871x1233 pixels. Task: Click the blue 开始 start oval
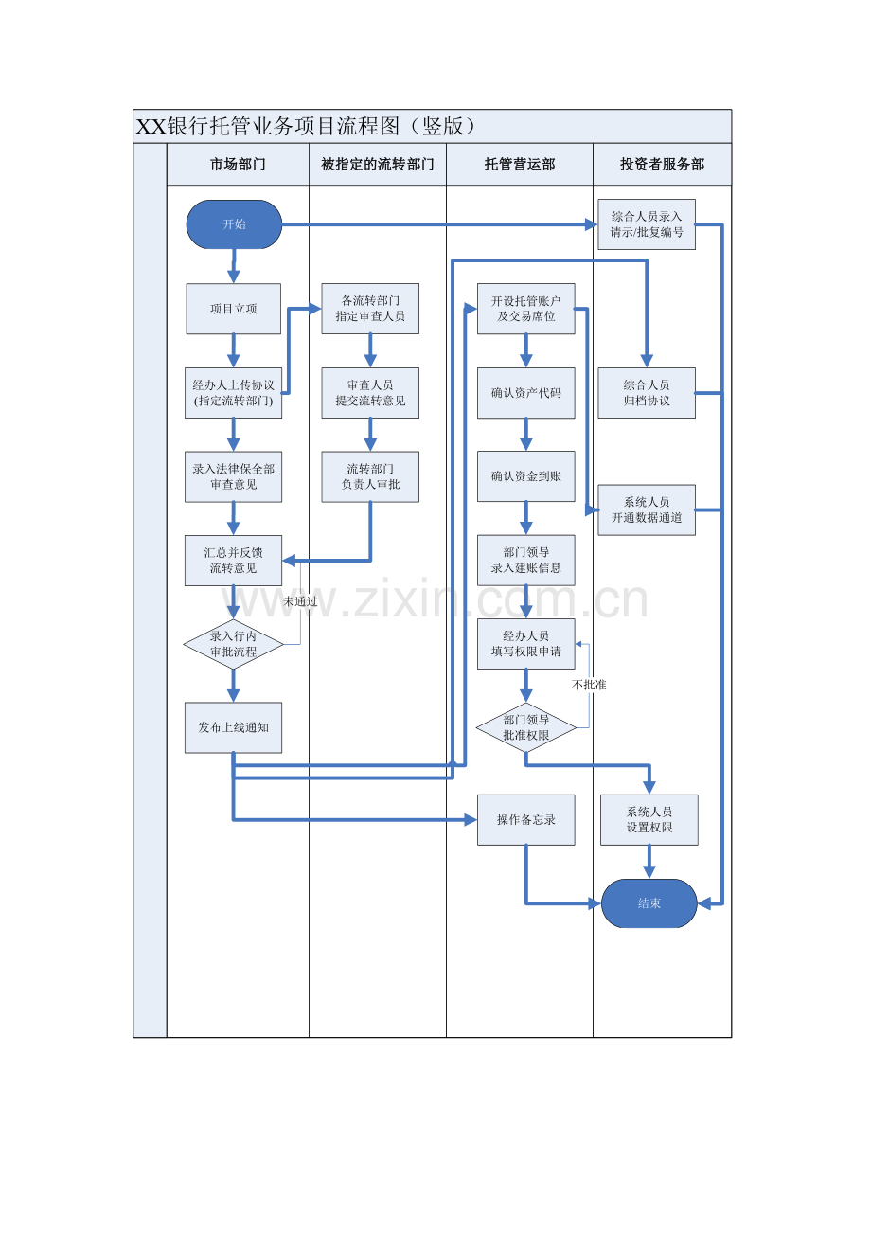(234, 224)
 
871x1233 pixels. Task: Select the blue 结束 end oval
(649, 902)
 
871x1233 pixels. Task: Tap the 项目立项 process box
(233, 309)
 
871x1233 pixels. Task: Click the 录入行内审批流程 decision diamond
(233, 643)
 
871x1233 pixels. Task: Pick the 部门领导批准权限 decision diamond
(526, 727)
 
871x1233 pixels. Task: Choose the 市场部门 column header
(238, 164)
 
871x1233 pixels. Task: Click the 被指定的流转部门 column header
(378, 164)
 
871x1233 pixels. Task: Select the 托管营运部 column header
(520, 164)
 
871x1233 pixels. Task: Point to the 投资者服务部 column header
(663, 164)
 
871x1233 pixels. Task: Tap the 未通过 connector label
(300, 601)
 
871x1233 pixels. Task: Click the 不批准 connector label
(589, 685)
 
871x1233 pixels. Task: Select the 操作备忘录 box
(526, 819)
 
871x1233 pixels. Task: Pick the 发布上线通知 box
(233, 727)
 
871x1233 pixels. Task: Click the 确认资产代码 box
(526, 392)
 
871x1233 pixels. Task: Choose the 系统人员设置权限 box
(649, 819)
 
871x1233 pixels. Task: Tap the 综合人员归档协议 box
(647, 392)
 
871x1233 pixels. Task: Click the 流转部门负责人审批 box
(370, 476)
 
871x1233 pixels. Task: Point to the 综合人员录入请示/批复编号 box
(647, 224)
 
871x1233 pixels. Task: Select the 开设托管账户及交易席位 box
(526, 309)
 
